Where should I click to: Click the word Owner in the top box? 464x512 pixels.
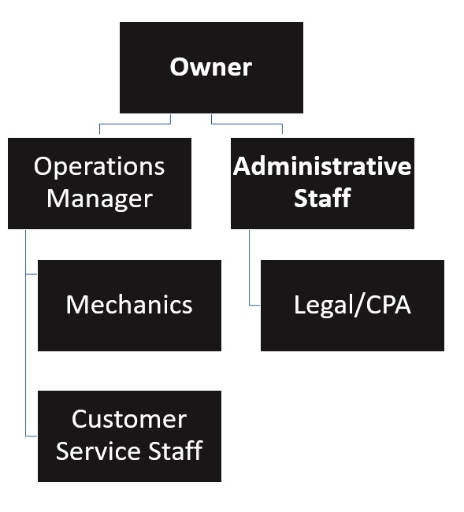[x=211, y=66]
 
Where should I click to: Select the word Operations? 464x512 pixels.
[x=99, y=166]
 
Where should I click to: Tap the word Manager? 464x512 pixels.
[x=99, y=198]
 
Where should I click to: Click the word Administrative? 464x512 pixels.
[x=322, y=166]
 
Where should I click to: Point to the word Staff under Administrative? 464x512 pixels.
[x=322, y=198]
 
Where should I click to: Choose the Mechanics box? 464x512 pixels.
[x=129, y=305]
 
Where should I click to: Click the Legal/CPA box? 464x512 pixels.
[x=352, y=305]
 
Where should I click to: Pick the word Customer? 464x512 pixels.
[x=129, y=418]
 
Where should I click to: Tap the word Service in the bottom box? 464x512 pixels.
[x=100, y=451]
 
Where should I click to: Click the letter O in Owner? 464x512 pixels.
[x=180, y=66]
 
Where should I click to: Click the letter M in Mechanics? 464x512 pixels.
[x=76, y=305]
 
